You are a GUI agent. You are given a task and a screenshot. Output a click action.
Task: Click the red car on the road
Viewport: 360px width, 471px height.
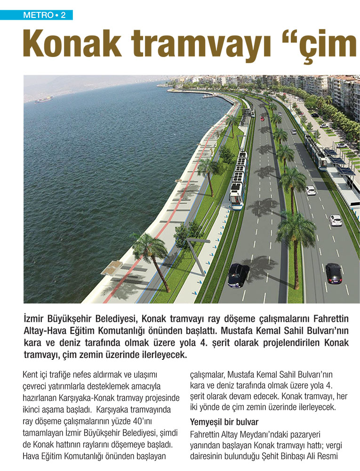[262, 118]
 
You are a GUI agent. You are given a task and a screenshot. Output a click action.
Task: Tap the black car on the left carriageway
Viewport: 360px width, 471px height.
[238, 275]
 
